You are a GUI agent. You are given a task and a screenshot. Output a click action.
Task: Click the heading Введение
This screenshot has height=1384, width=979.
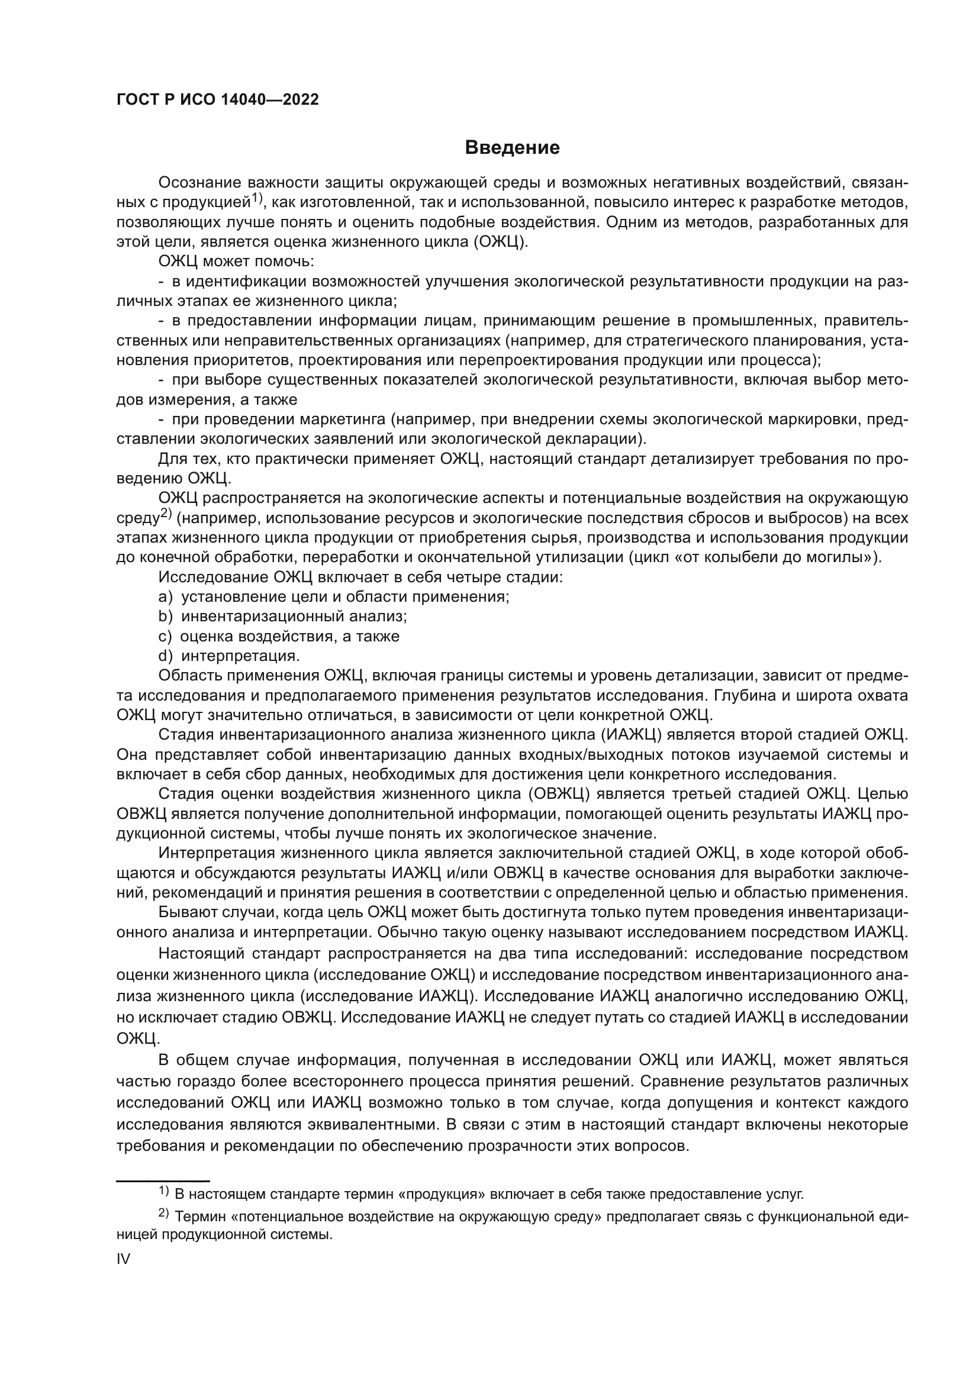512,148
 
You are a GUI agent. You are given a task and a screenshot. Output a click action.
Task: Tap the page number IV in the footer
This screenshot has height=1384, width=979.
123,1259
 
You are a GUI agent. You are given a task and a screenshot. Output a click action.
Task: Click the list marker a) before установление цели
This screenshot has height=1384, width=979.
165,597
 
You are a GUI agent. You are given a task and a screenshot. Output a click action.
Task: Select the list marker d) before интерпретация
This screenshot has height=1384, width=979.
165,656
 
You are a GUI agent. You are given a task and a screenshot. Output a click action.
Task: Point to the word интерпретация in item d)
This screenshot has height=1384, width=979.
240,656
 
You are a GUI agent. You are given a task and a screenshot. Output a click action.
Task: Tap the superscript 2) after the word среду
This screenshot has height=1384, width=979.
166,514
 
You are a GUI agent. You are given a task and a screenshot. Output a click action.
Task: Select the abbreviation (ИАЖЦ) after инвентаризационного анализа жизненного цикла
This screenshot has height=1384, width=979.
632,735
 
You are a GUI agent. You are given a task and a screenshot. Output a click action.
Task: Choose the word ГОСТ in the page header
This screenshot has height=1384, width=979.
136,100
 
